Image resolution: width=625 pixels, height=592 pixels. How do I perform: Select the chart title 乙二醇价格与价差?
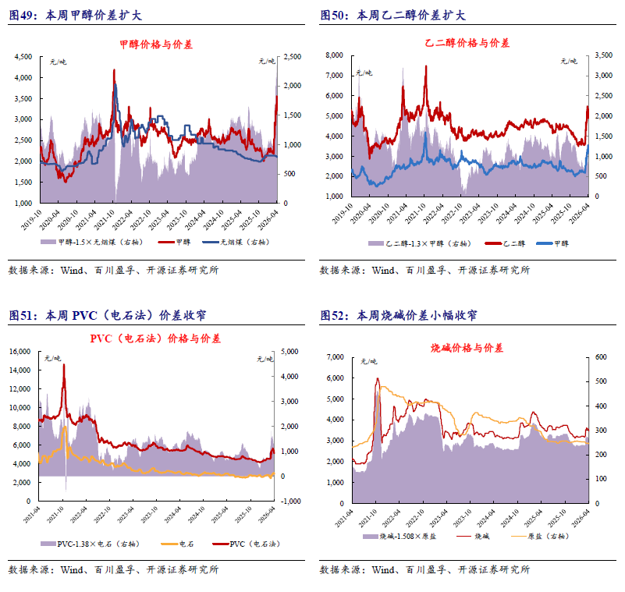coord(467,43)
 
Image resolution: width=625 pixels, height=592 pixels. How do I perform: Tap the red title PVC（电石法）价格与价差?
coord(155,339)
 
